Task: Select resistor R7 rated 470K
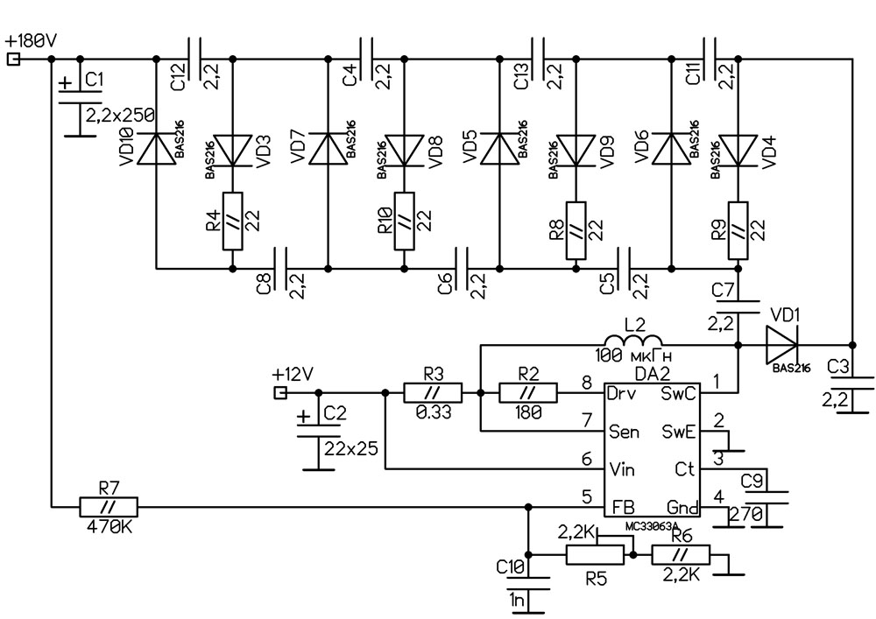[109, 506]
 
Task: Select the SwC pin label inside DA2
[678, 393]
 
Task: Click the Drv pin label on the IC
[620, 393]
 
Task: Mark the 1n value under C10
[519, 600]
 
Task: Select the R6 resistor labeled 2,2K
[681, 555]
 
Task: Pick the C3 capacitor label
[839, 365]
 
